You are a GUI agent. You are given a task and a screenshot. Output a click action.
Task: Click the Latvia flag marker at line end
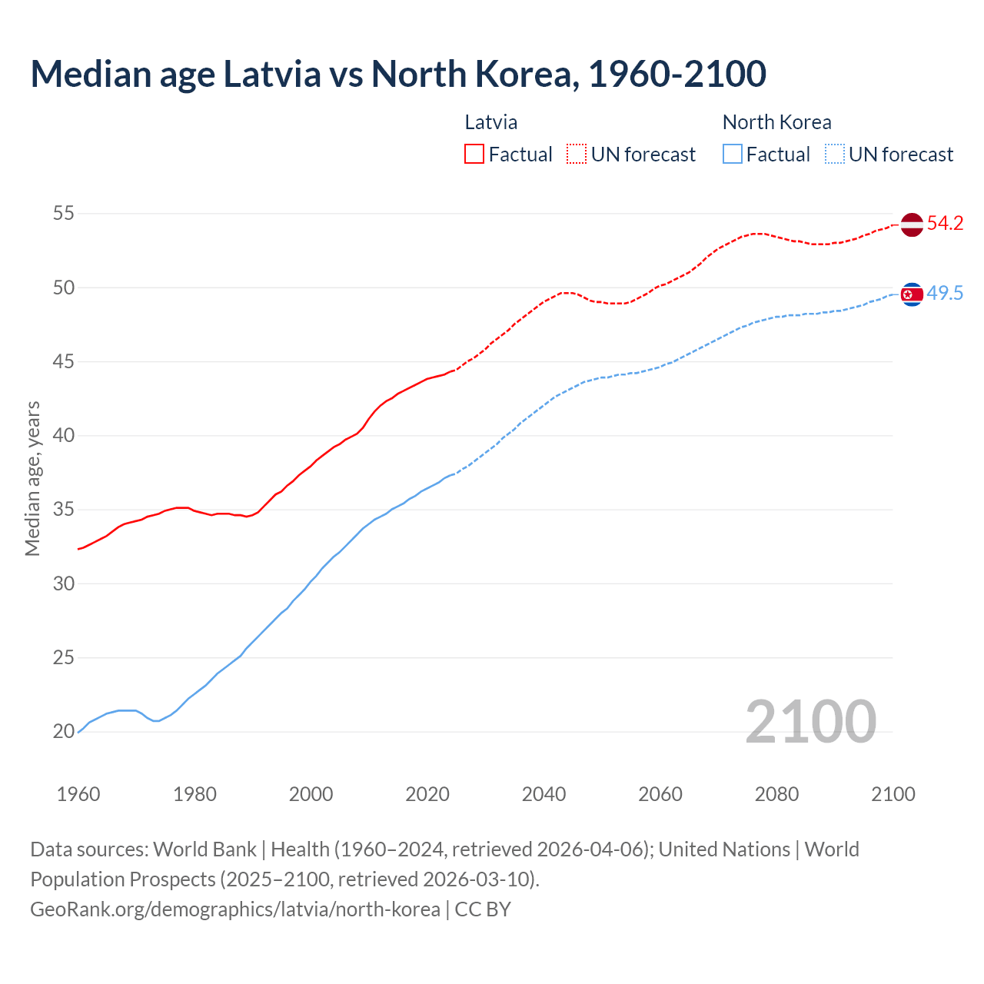coord(911,225)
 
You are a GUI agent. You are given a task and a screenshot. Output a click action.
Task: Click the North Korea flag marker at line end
coord(911,294)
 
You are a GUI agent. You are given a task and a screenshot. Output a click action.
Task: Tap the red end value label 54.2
coord(945,224)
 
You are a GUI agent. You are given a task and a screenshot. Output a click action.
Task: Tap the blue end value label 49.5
coord(945,293)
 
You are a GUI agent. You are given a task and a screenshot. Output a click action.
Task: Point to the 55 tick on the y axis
coord(64,213)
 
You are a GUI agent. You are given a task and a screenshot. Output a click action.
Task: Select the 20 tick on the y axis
coord(64,731)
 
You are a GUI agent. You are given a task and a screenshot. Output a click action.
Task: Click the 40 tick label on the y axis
coord(64,435)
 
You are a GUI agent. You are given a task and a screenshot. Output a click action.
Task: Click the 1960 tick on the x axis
coord(78,794)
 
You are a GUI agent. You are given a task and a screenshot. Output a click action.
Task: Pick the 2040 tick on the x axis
coord(544,794)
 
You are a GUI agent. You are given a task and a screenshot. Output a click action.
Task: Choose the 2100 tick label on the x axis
coord(893,794)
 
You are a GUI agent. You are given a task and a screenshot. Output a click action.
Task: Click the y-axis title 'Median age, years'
coord(32,478)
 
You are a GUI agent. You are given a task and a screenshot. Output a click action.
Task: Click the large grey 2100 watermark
coord(810,721)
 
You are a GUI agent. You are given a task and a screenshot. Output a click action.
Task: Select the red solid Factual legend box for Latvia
coord(474,155)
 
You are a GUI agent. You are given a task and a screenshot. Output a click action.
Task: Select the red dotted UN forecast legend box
coord(577,155)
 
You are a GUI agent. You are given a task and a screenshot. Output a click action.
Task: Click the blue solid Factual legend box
coord(733,155)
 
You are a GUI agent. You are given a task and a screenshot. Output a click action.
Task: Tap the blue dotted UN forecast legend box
coord(834,155)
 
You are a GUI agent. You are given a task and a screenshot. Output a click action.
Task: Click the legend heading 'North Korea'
coord(776,122)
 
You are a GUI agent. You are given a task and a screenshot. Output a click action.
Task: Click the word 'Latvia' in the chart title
coord(272,74)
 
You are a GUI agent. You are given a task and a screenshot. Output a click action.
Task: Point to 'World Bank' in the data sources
coord(204,849)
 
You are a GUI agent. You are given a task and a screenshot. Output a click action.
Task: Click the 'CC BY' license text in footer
coord(483,909)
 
